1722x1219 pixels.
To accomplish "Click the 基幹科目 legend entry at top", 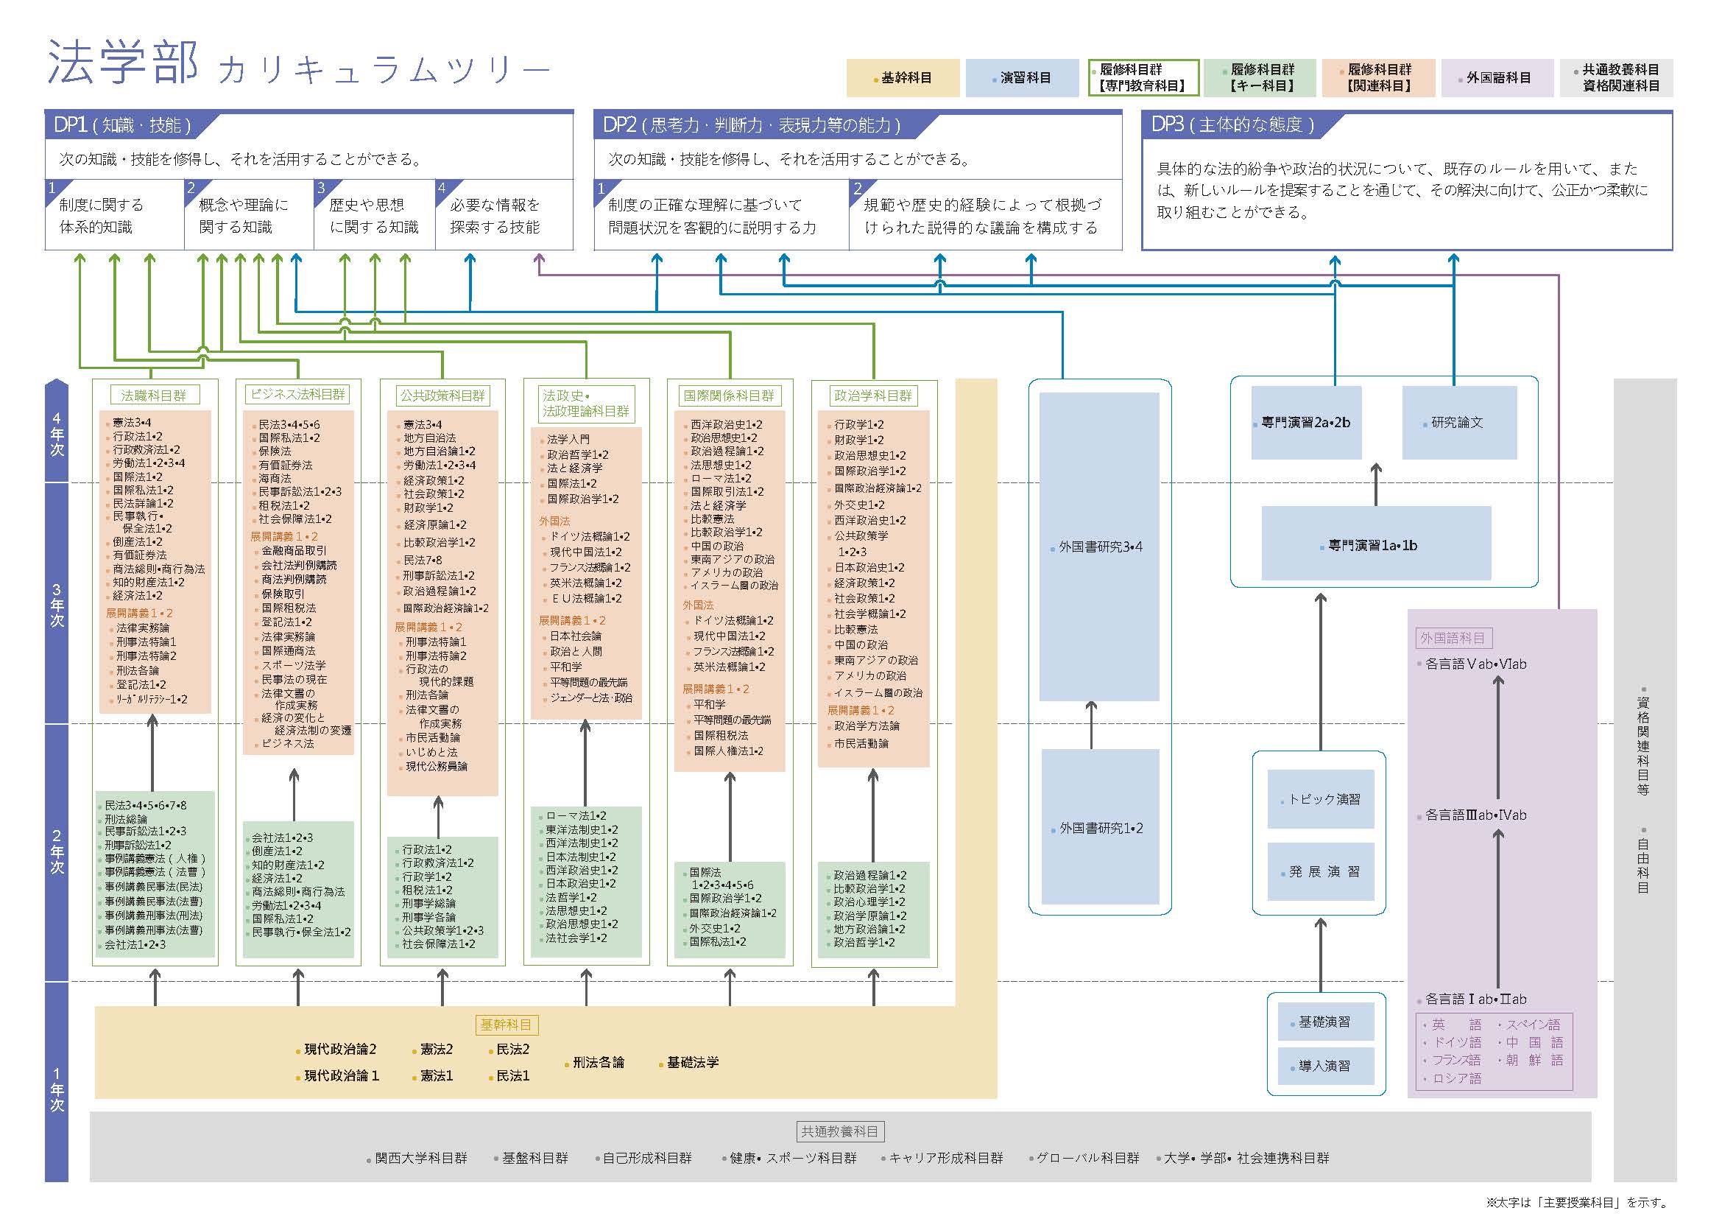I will (x=902, y=78).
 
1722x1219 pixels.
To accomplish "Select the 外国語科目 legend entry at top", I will (x=1497, y=78).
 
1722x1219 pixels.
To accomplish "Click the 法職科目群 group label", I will (x=154, y=395).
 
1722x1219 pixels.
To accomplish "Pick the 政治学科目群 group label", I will (x=873, y=395).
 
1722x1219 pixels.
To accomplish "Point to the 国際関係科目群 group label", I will (x=729, y=395).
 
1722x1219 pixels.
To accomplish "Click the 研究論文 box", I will (x=1458, y=423).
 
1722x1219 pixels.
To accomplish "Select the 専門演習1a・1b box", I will (x=1375, y=546).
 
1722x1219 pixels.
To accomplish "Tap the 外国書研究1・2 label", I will (x=1101, y=829).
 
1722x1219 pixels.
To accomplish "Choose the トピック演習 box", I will (x=1321, y=799).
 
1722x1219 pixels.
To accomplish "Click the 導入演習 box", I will (x=1325, y=1066).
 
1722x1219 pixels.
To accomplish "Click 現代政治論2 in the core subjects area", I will (x=340, y=1050).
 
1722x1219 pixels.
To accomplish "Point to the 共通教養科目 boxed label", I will (x=839, y=1131).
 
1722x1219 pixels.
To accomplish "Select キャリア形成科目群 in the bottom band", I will (x=945, y=1158).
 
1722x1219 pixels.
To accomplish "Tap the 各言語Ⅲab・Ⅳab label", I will (x=1475, y=815).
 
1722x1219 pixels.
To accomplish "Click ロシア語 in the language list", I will (x=1456, y=1078).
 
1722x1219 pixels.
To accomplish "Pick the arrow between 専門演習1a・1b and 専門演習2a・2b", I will (x=1375, y=484).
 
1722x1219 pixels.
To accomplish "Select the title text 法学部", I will (x=123, y=63).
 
